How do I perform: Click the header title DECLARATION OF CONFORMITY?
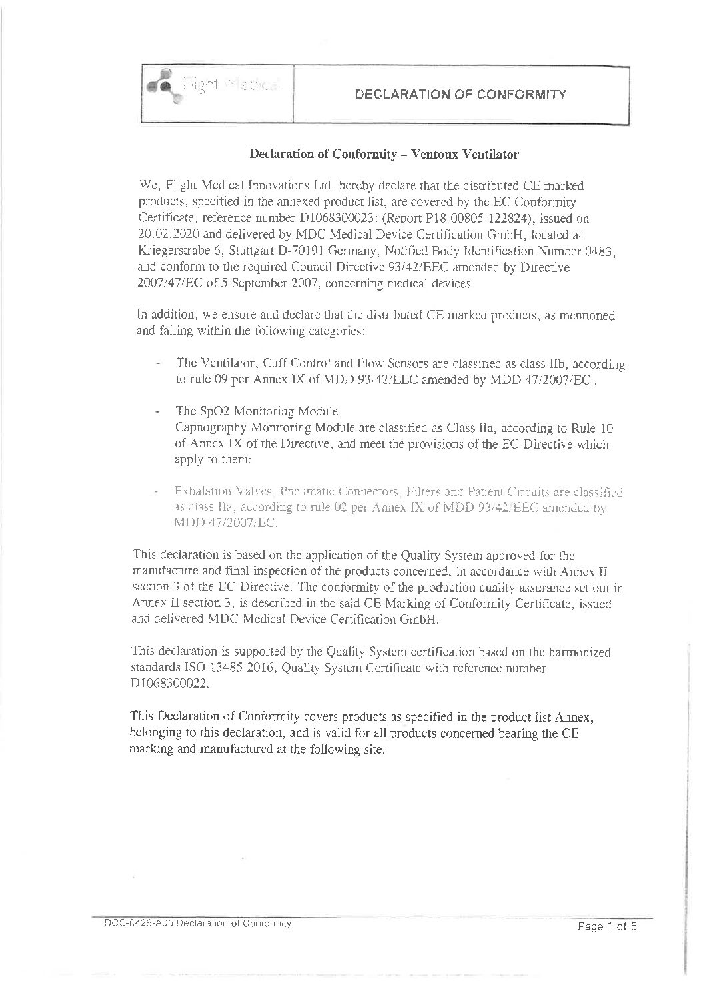[x=461, y=94]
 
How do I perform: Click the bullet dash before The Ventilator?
[x=158, y=365]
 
